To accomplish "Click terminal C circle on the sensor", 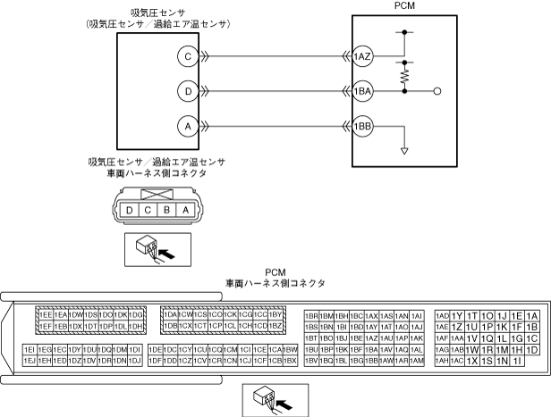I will pyautogui.click(x=187, y=55).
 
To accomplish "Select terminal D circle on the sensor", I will pyautogui.click(x=187, y=90).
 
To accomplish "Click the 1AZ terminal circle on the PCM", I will pyautogui.click(x=362, y=55).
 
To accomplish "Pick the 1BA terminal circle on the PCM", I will pyautogui.click(x=362, y=90).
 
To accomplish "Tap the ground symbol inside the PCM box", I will pyautogui.click(x=405, y=150).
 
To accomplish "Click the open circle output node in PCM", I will pyautogui.click(x=437, y=90).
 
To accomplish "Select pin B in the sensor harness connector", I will pyautogui.click(x=165, y=210).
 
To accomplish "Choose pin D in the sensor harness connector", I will pyautogui.click(x=131, y=210).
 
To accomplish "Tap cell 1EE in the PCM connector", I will pyautogui.click(x=43, y=315).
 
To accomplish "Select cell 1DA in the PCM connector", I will pyautogui.click(x=170, y=315).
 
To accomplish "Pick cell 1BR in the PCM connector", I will pyautogui.click(x=311, y=316).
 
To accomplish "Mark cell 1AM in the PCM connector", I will pyautogui.click(x=417, y=360).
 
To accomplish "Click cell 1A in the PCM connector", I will pyautogui.click(x=532, y=316).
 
